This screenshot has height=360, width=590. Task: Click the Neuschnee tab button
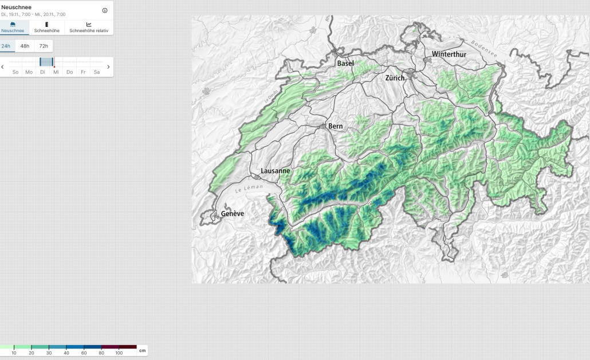(13, 28)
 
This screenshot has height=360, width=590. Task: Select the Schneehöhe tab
(46, 28)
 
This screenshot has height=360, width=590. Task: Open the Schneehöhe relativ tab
(89, 28)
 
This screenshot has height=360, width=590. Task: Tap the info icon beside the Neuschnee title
(105, 10)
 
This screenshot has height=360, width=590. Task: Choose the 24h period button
(6, 46)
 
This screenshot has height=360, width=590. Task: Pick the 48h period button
(25, 46)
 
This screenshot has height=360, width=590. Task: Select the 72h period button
(44, 46)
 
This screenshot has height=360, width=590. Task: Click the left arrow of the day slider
(3, 67)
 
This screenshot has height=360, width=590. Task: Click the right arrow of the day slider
(109, 67)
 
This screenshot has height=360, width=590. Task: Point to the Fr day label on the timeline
(83, 72)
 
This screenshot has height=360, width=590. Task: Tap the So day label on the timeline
(15, 72)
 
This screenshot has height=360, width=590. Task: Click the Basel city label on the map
(345, 64)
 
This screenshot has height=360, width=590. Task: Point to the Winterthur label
(449, 54)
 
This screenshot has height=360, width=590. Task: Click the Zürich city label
(395, 78)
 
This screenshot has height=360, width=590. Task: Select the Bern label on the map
(335, 126)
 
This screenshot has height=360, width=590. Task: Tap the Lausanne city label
(276, 171)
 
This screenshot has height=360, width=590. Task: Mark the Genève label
(233, 214)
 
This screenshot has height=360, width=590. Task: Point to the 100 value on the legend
(119, 353)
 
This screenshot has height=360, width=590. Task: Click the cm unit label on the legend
(142, 350)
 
